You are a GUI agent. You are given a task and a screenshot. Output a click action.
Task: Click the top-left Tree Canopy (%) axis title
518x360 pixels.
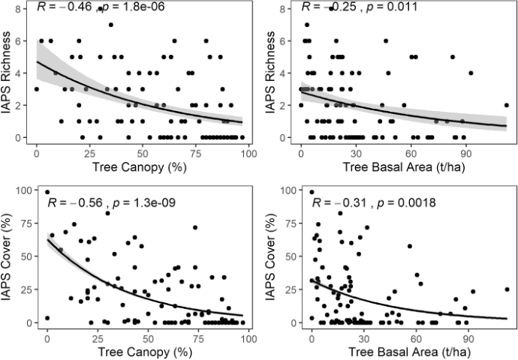click(x=139, y=164)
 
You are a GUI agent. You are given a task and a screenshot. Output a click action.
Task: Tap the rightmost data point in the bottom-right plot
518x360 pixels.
click(x=507, y=289)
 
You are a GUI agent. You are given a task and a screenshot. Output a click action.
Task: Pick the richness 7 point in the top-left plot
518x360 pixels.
click(x=110, y=25)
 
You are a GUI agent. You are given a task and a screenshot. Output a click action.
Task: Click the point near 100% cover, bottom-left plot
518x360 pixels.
click(x=47, y=192)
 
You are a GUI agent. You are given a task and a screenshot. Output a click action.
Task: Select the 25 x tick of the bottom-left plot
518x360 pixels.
click(x=97, y=335)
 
